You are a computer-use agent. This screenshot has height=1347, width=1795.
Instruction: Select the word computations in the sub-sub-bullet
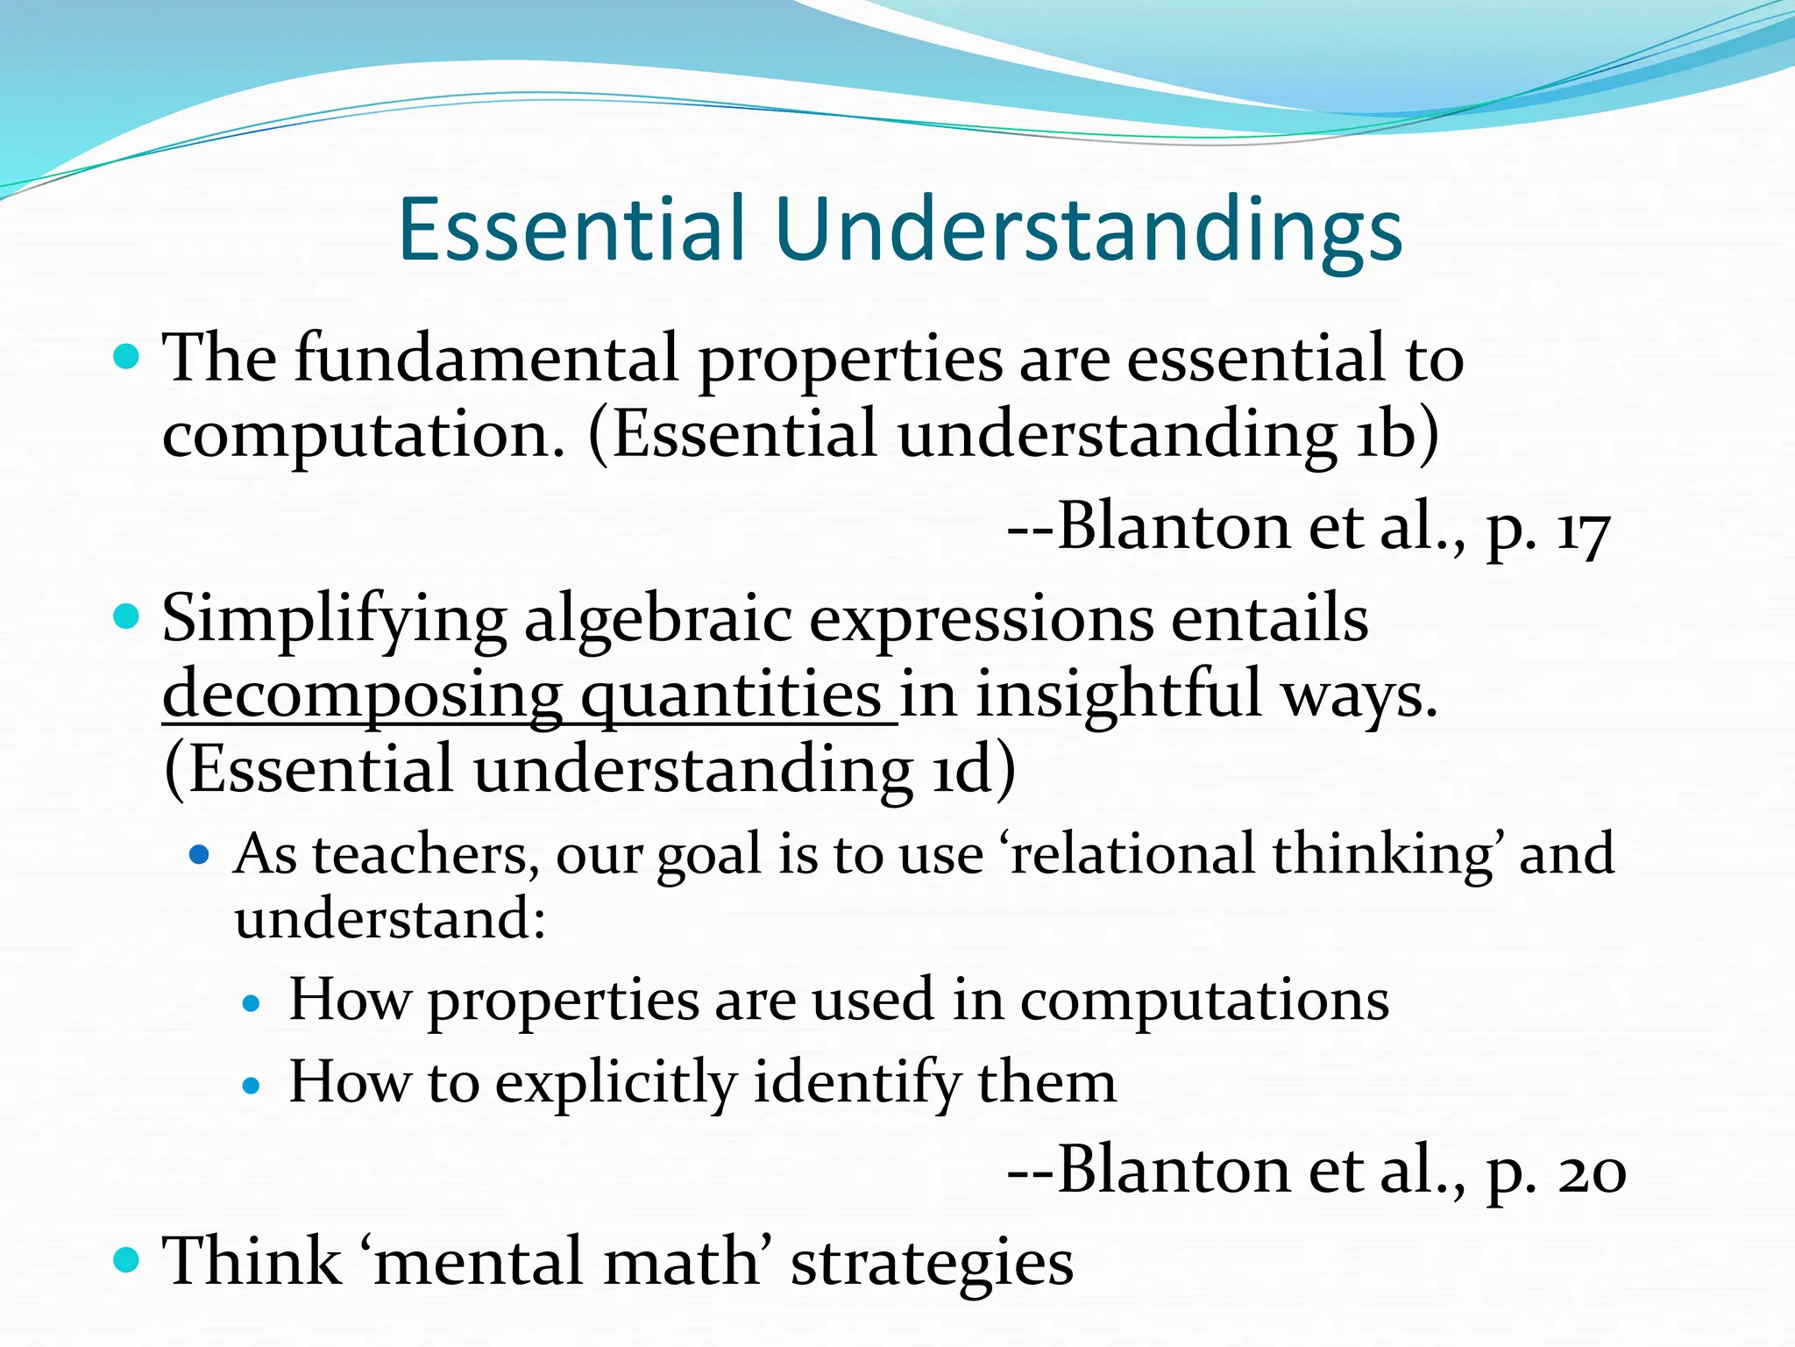1204,1001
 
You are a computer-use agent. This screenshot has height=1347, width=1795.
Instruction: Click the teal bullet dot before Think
127,1261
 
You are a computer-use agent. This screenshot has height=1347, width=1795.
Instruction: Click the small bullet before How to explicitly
252,1087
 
